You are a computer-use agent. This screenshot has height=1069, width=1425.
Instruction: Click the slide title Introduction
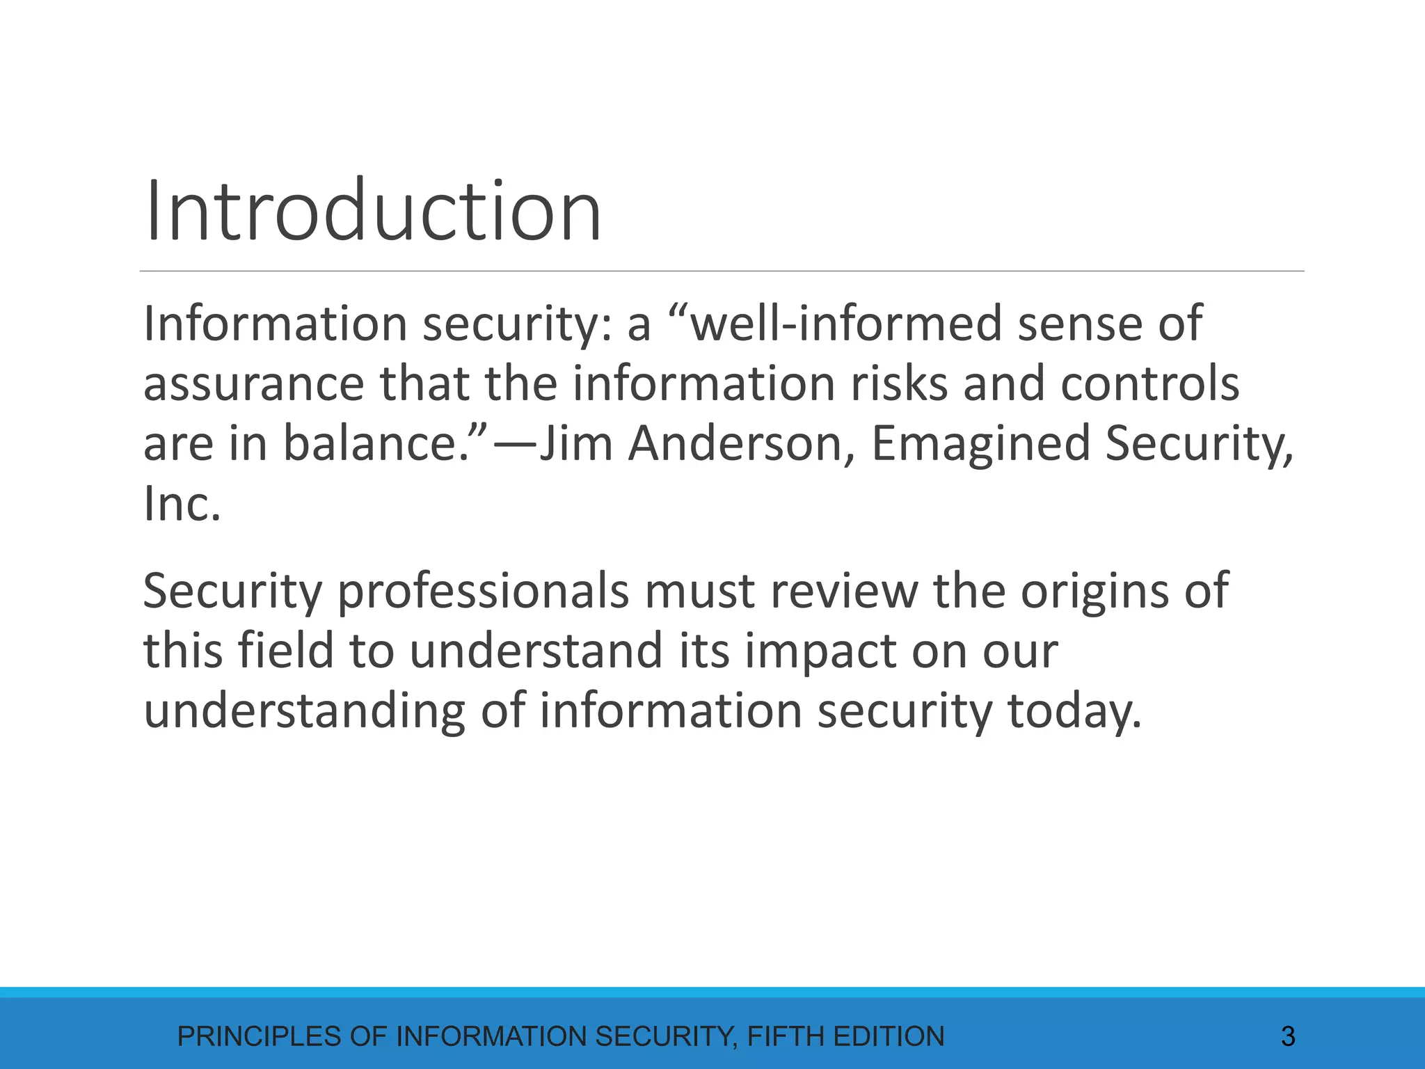point(373,210)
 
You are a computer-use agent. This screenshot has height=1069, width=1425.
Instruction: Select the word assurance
point(253,384)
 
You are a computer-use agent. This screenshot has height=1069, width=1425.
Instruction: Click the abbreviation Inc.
point(182,504)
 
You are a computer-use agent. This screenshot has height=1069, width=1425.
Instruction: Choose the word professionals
point(484,592)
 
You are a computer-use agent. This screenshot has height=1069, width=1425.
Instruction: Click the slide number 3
point(1288,1037)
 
